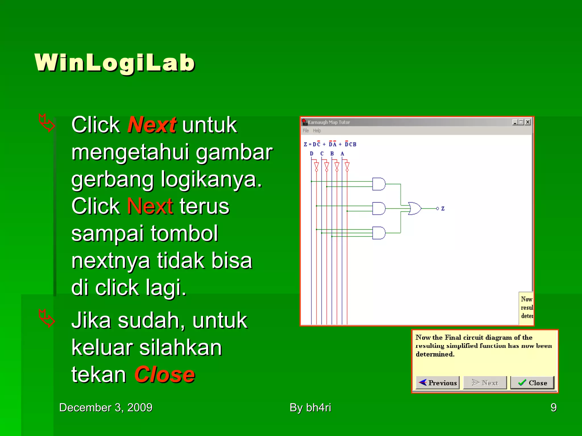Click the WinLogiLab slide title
pos(115,63)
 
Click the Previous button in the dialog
pos(438,383)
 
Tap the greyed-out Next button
pos(485,383)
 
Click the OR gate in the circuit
pos(414,209)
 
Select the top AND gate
pos(379,184)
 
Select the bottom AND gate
pos(379,233)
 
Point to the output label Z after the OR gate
pos(443,209)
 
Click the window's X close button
pos(528,122)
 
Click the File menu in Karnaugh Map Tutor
pos(305,131)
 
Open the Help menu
pos(317,131)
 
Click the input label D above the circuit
pos(311,154)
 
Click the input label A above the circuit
pos(342,154)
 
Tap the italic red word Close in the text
pos(165,375)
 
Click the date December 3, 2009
pos(106,408)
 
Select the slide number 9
pos(553,408)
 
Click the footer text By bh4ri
pos(310,408)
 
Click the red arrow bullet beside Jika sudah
pos(46,318)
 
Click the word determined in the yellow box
pos(435,354)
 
